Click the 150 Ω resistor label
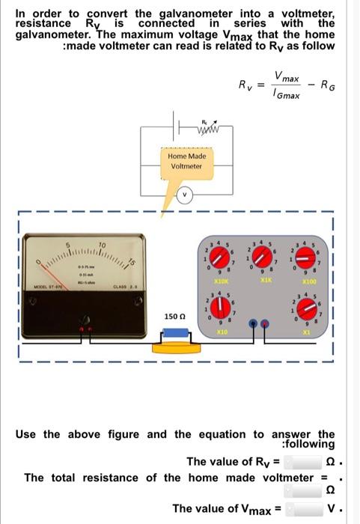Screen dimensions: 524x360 tap(174, 317)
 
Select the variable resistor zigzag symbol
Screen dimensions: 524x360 tap(204, 127)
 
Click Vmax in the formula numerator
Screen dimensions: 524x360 tap(287, 77)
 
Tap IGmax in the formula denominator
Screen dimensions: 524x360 tap(287, 94)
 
